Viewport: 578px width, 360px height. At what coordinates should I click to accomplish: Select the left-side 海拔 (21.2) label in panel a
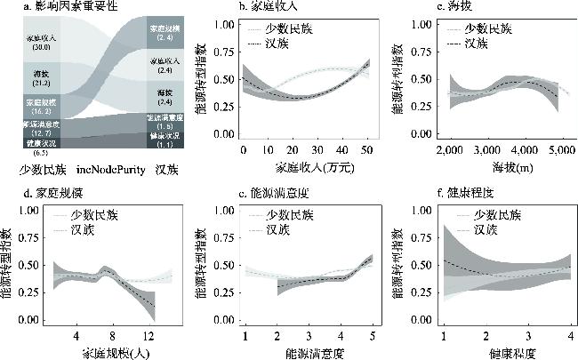coord(39,77)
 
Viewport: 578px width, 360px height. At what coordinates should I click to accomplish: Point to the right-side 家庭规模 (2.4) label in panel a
coord(165,34)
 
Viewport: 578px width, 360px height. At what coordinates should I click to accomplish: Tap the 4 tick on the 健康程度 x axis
coord(568,335)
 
